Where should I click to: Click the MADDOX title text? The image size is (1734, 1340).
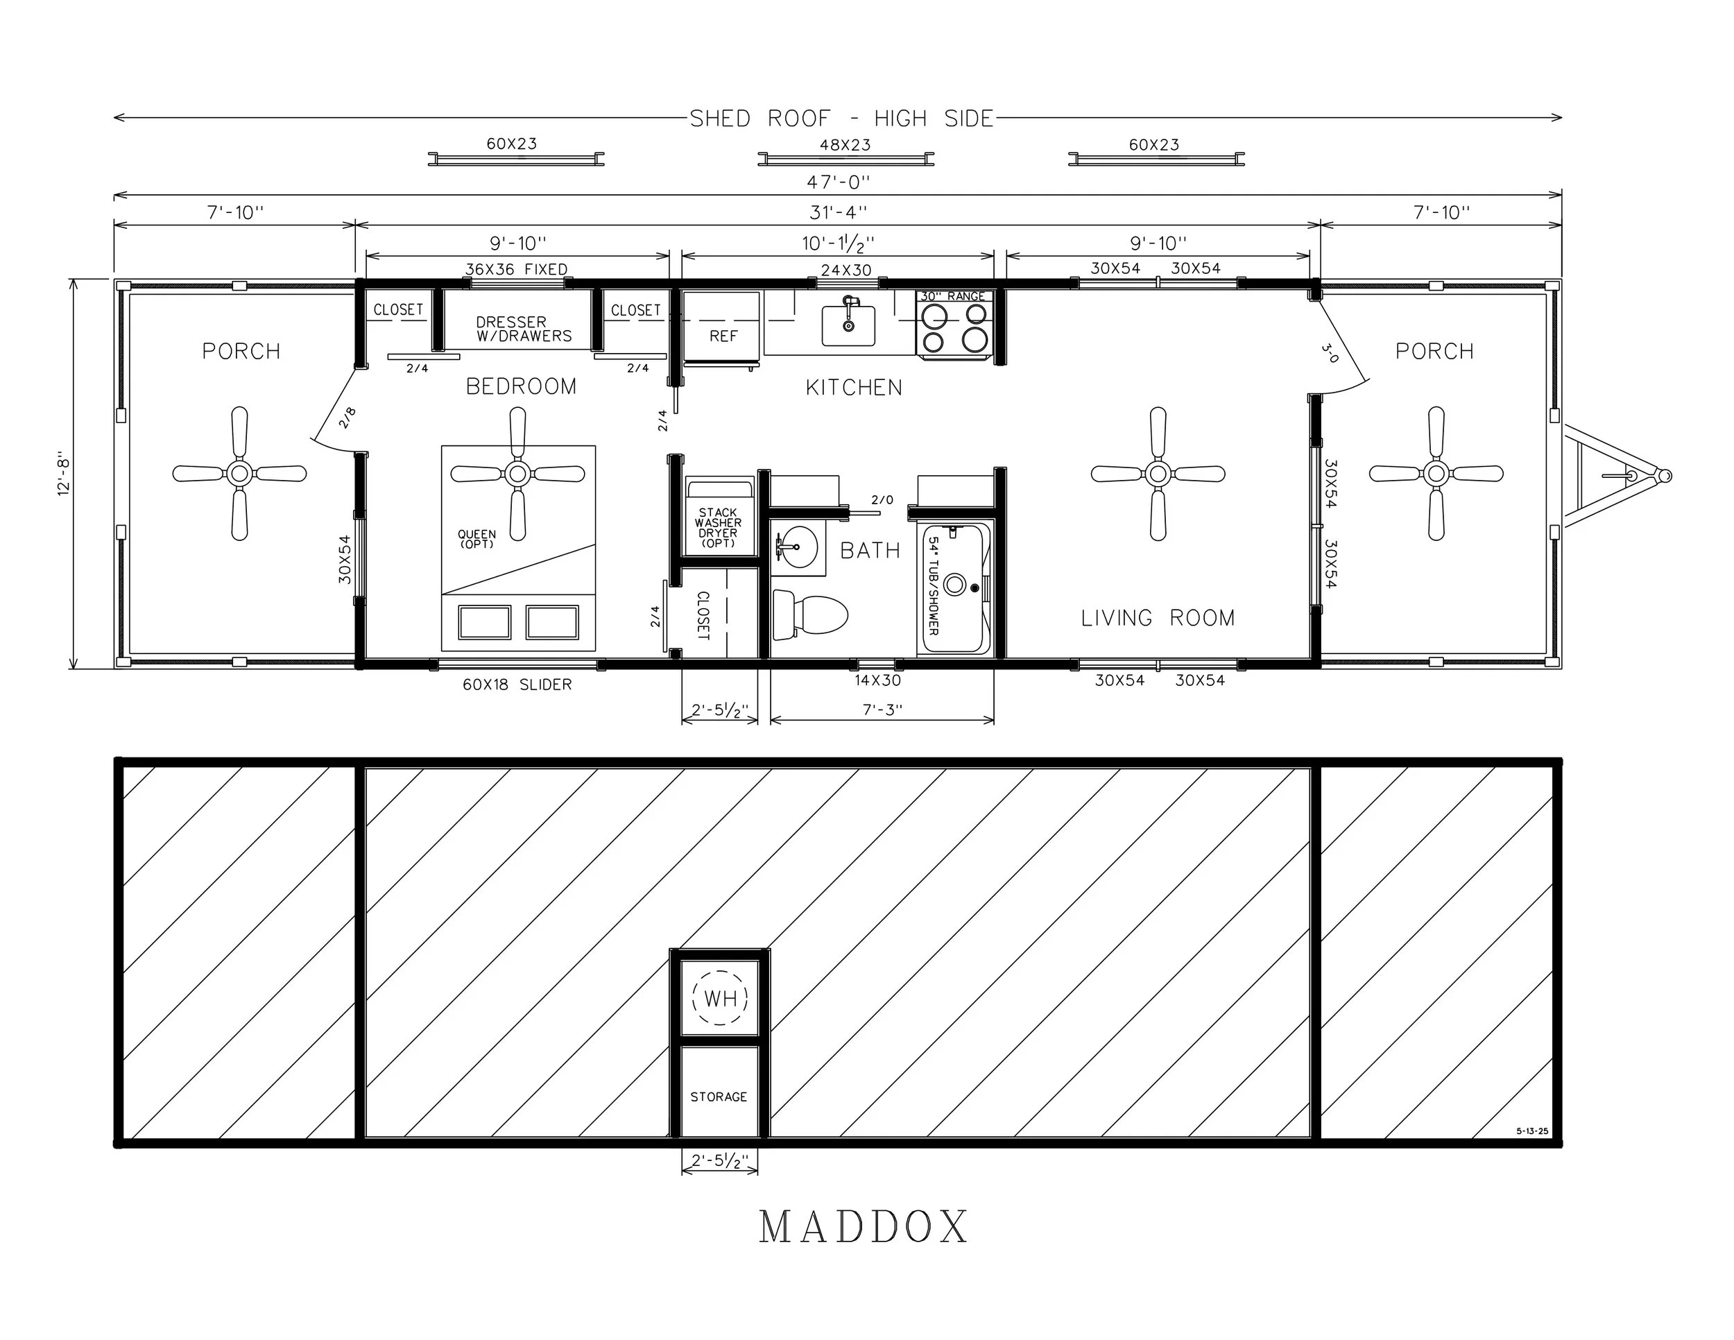863,1227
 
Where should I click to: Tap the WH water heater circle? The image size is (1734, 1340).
720,998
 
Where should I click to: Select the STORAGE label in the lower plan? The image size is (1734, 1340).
719,1097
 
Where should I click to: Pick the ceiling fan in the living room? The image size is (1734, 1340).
1158,474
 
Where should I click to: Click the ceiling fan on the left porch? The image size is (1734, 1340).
239,474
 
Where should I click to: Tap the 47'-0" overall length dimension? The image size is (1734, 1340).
838,182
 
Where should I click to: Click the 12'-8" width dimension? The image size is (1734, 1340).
64,474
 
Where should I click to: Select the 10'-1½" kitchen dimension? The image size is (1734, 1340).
838,243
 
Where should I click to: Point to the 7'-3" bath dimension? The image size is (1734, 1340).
882,709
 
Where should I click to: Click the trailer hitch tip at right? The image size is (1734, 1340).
1665,476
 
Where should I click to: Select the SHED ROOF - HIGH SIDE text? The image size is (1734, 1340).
841,119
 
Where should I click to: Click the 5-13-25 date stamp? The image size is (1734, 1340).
1531,1131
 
